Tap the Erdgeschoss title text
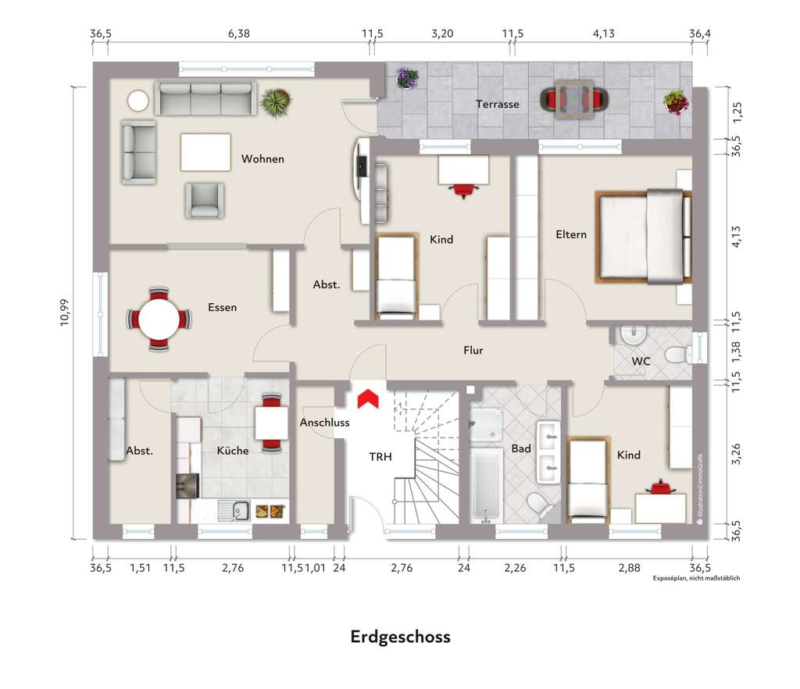pos(400,637)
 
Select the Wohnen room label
pos(262,159)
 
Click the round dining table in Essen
pos(159,319)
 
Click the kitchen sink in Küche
pos(234,511)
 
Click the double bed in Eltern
pos(645,236)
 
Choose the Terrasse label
pos(498,104)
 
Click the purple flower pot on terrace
pos(406,78)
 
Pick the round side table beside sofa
pos(139,101)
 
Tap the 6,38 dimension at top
pos(238,34)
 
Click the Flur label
pos(473,351)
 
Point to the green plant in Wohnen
pos(275,102)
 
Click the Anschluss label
pos(324,423)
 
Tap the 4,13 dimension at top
pos(604,34)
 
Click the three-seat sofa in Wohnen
pos(205,98)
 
